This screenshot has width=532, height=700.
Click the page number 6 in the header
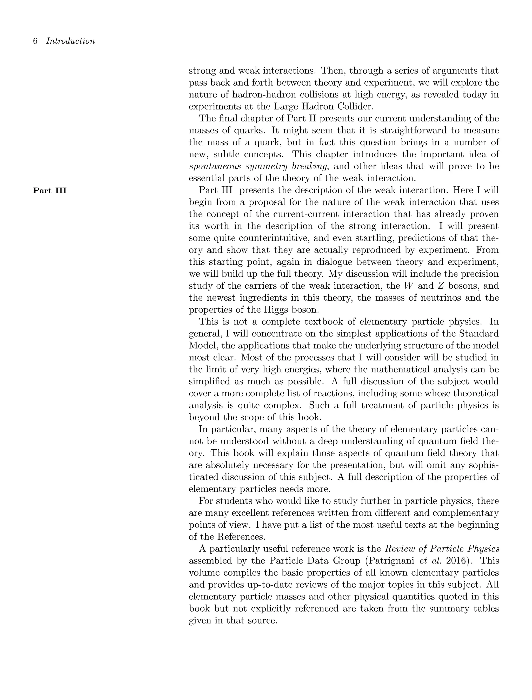point(36,41)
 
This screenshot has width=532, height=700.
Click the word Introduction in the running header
point(70,41)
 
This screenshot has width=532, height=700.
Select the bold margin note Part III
point(50,191)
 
